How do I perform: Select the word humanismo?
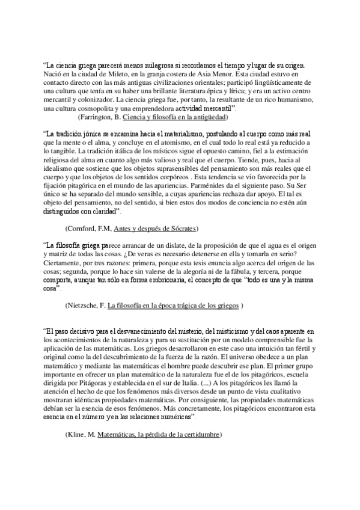(x=289, y=99)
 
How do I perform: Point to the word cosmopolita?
(x=95, y=108)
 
